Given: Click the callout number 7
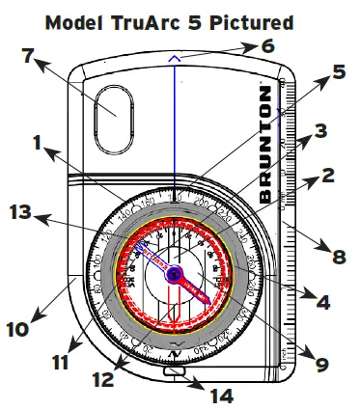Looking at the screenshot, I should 29,56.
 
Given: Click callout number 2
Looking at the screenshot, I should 328,177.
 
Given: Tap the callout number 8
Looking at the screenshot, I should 338,258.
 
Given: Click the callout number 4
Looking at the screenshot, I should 323,301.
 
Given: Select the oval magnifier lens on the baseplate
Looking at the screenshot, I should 113,114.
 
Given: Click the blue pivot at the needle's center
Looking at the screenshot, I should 175,276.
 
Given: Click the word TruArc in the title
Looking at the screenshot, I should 155,20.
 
